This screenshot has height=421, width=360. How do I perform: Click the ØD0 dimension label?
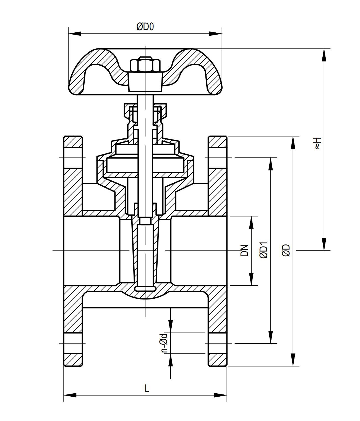(x=145, y=27)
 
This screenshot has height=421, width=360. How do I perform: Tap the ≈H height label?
(x=318, y=143)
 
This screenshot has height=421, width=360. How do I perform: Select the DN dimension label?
(x=244, y=250)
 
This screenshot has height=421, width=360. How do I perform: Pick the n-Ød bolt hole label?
(x=164, y=343)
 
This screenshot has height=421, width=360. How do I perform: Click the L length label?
(x=147, y=388)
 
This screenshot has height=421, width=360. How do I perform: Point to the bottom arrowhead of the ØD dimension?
(x=293, y=360)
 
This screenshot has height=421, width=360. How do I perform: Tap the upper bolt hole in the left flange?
(x=73, y=158)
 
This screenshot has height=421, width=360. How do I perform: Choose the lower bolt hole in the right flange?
(x=217, y=343)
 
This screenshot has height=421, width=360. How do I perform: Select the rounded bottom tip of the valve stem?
(x=145, y=289)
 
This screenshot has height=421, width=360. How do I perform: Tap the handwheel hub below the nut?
(x=145, y=82)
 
